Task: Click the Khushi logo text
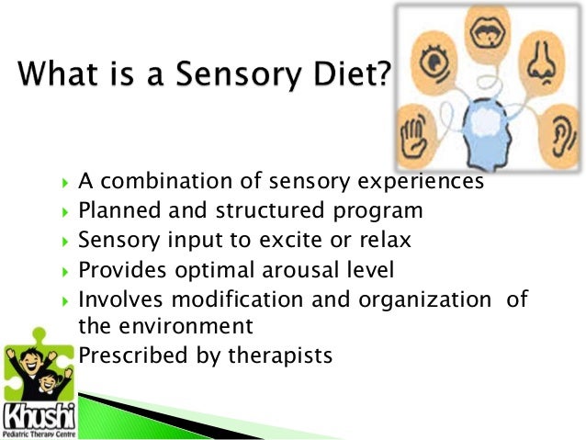point(39,411)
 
